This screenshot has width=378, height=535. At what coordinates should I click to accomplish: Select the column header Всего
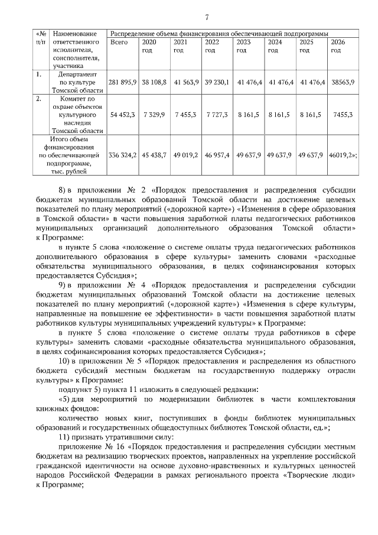(x=119, y=43)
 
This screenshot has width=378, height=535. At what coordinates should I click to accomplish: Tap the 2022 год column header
(x=211, y=46)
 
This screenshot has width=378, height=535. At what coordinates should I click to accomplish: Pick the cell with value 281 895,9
(x=123, y=83)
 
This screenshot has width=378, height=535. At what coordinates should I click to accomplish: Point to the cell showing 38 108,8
(x=154, y=83)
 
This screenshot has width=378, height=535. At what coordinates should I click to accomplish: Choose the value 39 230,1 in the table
(x=217, y=83)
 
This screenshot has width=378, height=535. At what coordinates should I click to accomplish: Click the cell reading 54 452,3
(x=123, y=114)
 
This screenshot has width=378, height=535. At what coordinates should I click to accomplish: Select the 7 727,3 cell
(x=217, y=114)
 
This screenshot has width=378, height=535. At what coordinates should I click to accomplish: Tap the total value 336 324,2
(x=123, y=155)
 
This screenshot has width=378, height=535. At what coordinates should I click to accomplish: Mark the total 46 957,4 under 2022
(x=217, y=155)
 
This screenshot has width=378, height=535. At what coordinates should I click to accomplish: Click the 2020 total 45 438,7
(x=154, y=155)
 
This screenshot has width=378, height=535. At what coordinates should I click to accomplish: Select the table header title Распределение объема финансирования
(x=219, y=33)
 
